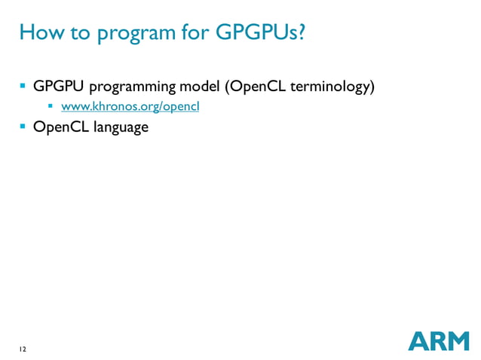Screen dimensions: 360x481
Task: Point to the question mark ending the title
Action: (299, 33)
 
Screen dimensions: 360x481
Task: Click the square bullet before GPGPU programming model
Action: (23, 87)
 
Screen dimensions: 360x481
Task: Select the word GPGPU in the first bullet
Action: (59, 87)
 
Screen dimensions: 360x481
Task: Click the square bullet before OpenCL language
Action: (23, 126)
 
